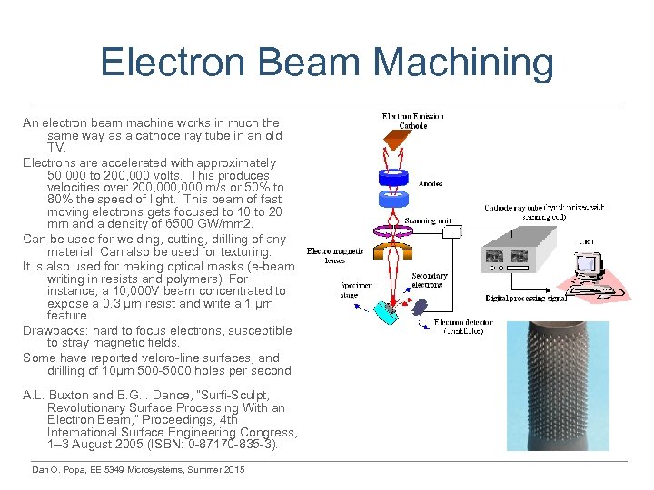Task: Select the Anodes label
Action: click(431, 182)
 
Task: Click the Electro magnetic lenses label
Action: click(335, 256)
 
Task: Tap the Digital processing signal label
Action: click(526, 299)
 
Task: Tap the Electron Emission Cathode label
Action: click(414, 120)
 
